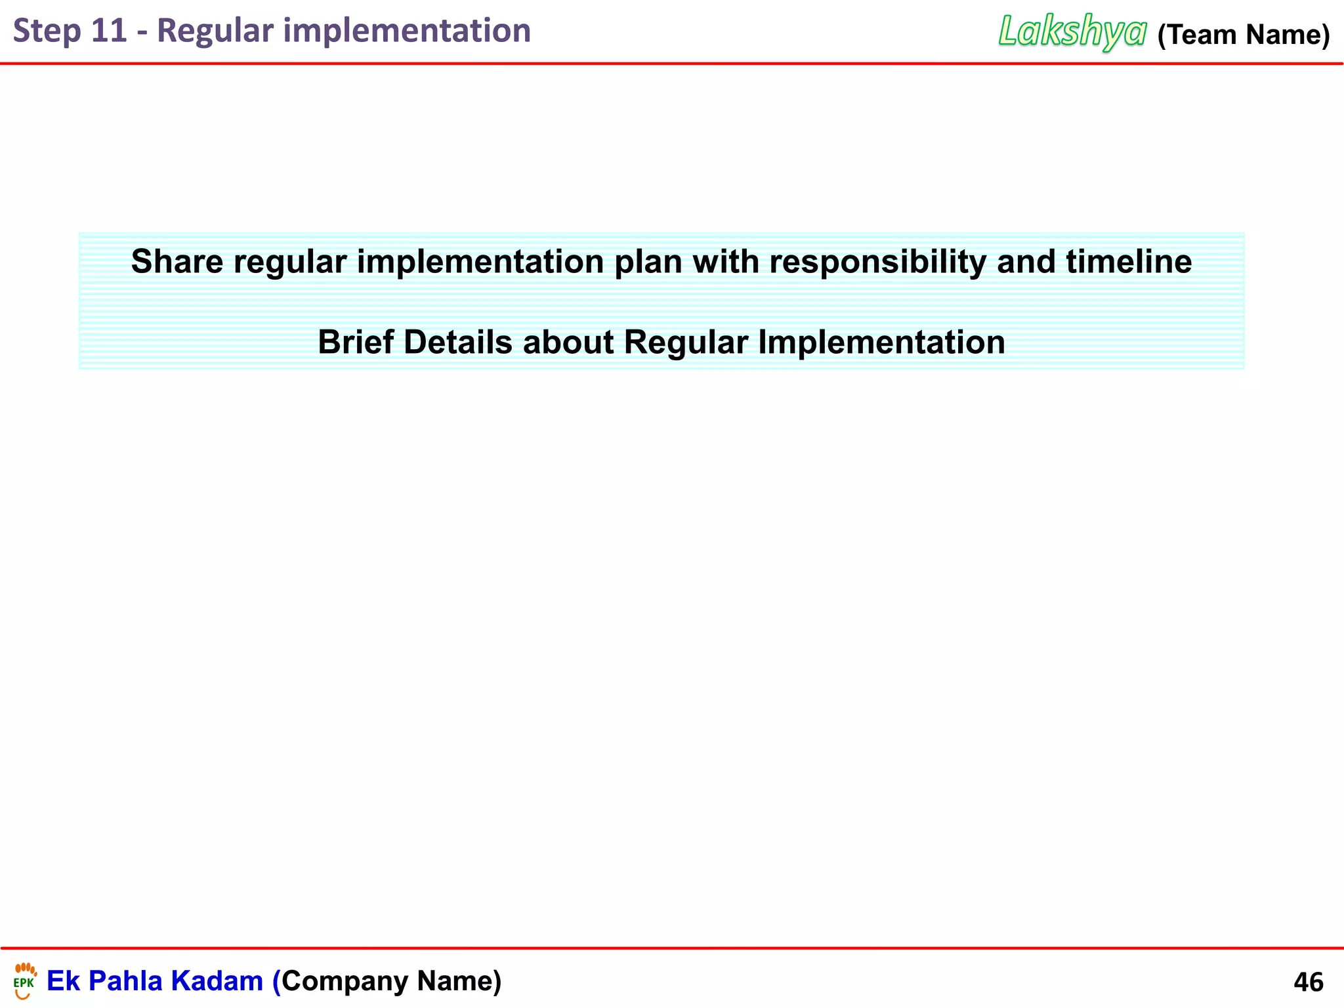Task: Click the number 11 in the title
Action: (108, 31)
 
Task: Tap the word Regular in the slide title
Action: (215, 31)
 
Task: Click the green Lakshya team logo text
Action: (1072, 31)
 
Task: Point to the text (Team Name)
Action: (1243, 35)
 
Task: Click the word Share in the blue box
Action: (177, 262)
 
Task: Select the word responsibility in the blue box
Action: (877, 262)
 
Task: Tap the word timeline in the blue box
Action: (1129, 262)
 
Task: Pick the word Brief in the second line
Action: (356, 343)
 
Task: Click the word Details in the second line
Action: (457, 343)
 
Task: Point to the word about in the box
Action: (568, 343)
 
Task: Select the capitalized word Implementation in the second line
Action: (881, 343)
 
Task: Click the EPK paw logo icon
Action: (24, 980)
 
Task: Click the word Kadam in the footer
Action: (217, 981)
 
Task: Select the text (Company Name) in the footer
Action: (387, 981)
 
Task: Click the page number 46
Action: (1308, 982)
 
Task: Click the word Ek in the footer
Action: (63, 981)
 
